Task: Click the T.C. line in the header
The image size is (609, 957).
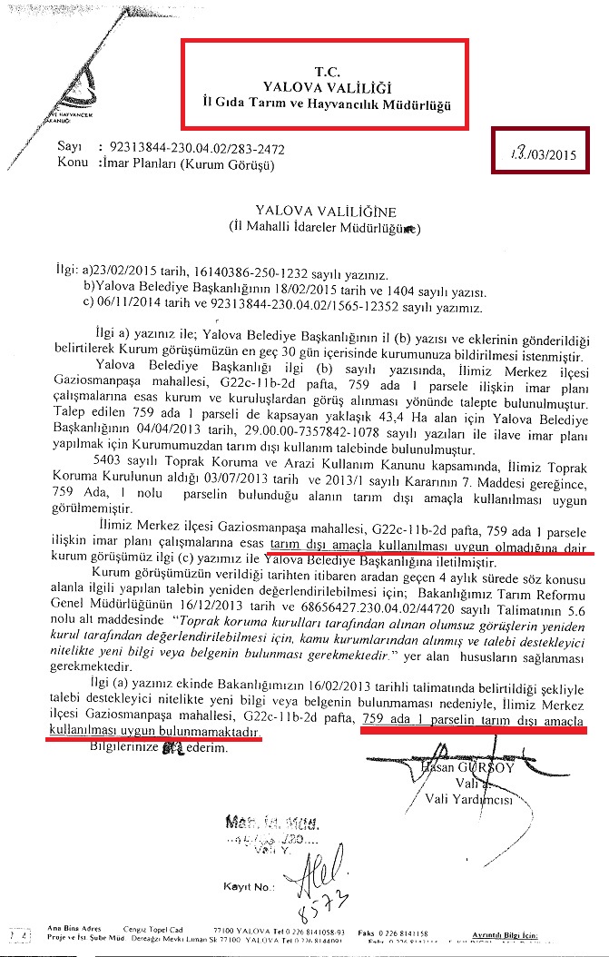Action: [x=324, y=70]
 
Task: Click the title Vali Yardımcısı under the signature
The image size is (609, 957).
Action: [x=469, y=801]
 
